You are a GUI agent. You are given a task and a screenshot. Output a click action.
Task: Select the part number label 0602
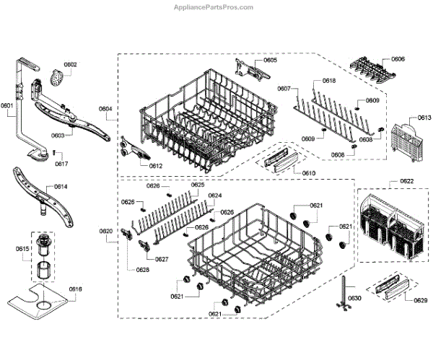click(x=70, y=65)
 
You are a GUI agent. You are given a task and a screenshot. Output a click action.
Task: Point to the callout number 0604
click(x=105, y=110)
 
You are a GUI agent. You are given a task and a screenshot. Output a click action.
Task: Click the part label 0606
click(x=398, y=58)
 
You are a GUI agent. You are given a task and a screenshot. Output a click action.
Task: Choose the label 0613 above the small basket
click(x=405, y=117)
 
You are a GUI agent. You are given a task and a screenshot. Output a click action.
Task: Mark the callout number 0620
click(x=106, y=231)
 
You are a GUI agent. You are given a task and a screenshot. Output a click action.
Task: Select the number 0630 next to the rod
click(x=354, y=298)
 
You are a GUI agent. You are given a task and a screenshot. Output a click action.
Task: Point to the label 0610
click(x=309, y=173)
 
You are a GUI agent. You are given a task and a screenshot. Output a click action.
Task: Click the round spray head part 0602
click(x=57, y=76)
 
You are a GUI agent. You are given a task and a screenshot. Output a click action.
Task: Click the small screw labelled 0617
click(x=54, y=153)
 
